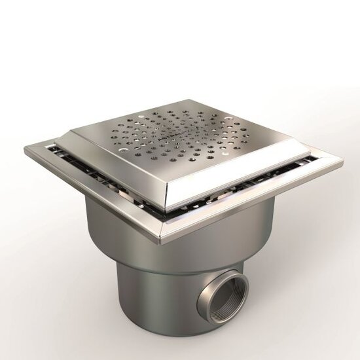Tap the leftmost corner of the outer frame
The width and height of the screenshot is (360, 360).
pos(26,151)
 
